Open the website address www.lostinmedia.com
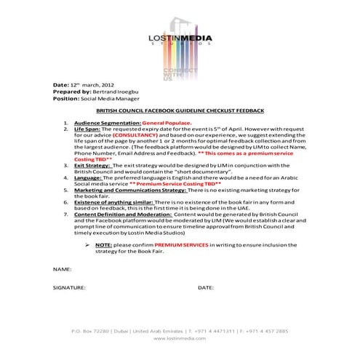[180, 338]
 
